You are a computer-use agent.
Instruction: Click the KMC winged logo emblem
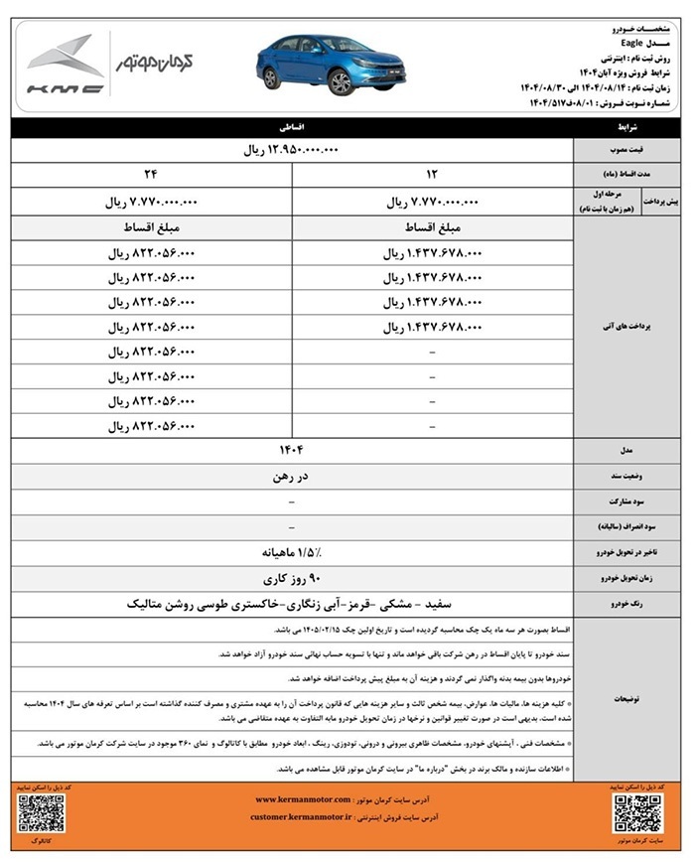(x=65, y=57)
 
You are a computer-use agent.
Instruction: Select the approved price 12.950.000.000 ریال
(x=292, y=151)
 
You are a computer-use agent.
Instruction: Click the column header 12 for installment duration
(x=433, y=174)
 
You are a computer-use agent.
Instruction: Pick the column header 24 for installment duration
(x=151, y=174)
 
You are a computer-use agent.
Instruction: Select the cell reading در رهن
(x=292, y=477)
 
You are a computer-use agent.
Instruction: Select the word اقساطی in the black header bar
(x=292, y=128)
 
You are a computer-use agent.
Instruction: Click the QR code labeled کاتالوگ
(x=41, y=812)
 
